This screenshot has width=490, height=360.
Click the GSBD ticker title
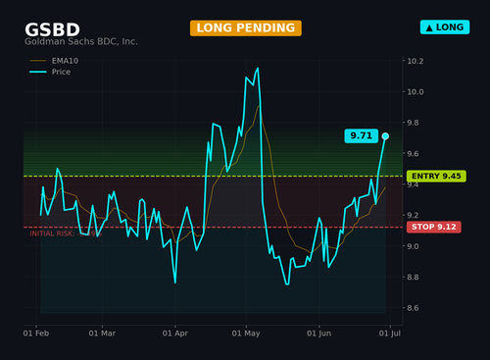pos(52,29)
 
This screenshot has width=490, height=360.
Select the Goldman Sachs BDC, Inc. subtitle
pos(81,41)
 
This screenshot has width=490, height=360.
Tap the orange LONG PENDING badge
pos(246,28)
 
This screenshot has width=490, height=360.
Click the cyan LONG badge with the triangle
pos(445,27)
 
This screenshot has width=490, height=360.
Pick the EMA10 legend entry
pos(54,61)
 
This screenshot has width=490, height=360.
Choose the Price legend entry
pos(50,72)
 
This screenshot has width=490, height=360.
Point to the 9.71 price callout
pos(362,135)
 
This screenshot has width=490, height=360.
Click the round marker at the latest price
pos(385,136)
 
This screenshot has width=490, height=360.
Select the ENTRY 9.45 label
pos(436,177)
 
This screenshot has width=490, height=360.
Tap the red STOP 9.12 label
pos(434,227)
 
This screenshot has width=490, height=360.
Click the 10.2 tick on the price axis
pos(416,61)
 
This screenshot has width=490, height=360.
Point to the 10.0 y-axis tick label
pos(416,92)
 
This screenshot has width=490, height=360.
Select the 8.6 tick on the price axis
pos(413,308)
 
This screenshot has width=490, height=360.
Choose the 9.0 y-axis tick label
pos(413,246)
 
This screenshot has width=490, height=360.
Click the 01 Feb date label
pos(36,334)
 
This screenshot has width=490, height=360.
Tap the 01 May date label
pos(246,334)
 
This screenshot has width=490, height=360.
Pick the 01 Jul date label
pos(390,334)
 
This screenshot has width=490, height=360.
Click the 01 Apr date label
pos(175,334)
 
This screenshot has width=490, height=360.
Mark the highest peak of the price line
pos(258,68)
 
